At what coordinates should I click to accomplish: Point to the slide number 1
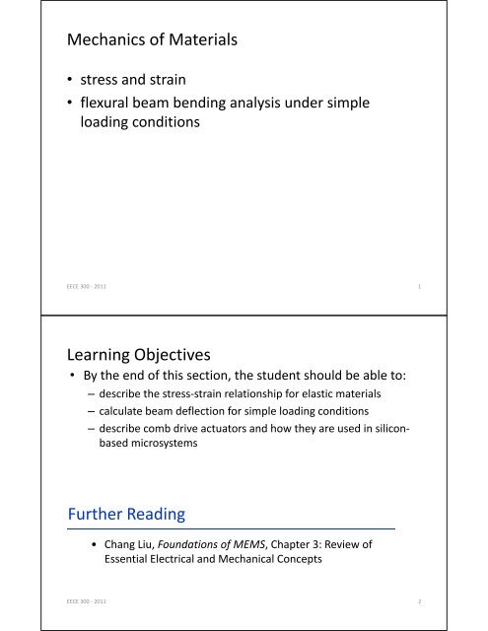tap(420, 287)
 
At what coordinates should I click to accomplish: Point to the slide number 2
tap(420, 600)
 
